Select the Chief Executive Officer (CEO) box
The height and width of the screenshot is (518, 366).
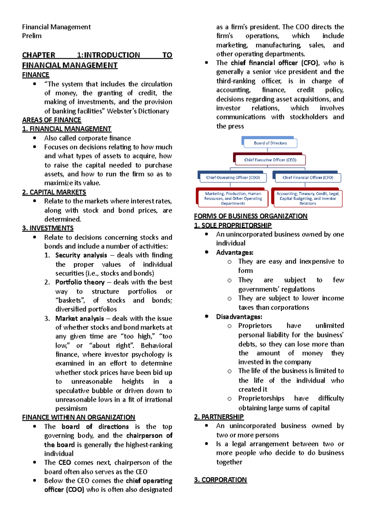click(270, 160)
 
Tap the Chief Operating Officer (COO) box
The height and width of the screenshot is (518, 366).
click(233, 178)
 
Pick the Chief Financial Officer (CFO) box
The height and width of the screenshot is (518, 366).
click(307, 178)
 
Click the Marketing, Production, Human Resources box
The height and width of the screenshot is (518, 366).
click(233, 198)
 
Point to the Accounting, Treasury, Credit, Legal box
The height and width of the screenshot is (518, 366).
click(307, 198)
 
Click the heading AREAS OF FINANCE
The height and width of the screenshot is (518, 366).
click(52, 120)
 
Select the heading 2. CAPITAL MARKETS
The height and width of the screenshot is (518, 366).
click(54, 192)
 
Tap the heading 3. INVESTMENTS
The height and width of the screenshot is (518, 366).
click(48, 228)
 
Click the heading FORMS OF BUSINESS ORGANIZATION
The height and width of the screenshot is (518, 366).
click(251, 216)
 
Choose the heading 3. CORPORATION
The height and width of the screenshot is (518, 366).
click(220, 480)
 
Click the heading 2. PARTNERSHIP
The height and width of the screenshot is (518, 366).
click(219, 417)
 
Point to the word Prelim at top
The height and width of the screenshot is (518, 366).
click(32, 36)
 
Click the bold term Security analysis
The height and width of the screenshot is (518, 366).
click(81, 255)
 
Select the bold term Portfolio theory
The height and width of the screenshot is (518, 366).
click(80, 282)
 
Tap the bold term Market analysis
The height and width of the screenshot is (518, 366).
click(80, 318)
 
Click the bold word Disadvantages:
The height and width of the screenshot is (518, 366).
click(239, 317)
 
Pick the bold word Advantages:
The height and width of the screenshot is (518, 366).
click(235, 253)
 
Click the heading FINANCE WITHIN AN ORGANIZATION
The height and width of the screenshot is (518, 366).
click(78, 417)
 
